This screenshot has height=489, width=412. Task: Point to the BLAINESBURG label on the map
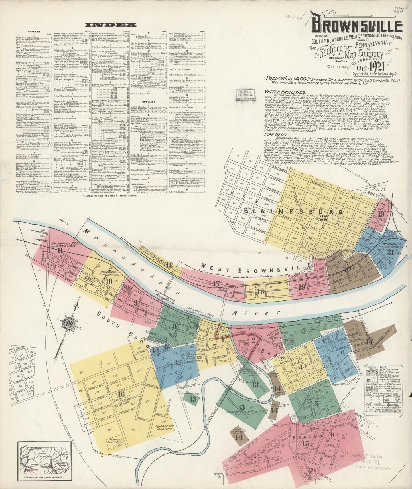(294, 211)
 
